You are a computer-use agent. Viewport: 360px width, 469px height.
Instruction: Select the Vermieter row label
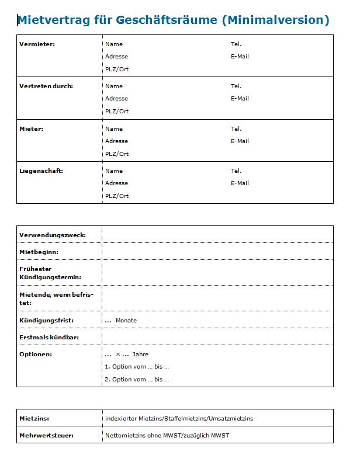pyautogui.click(x=37, y=44)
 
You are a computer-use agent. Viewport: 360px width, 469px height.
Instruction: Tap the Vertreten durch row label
pyautogui.click(x=46, y=86)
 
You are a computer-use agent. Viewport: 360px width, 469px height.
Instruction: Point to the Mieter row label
pyautogui.click(x=32, y=129)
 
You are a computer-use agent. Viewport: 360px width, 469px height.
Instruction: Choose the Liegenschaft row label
pyautogui.click(x=41, y=171)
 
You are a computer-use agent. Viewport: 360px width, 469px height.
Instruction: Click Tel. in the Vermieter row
pyautogui.click(x=236, y=44)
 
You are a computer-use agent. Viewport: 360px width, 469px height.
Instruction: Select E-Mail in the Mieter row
pyautogui.click(x=240, y=141)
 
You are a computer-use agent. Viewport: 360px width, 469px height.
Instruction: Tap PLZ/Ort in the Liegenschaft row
pyautogui.click(x=117, y=196)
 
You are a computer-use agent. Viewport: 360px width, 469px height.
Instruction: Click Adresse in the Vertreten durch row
pyautogui.click(x=116, y=99)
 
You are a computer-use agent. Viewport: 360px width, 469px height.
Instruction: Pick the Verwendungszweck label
pyautogui.click(x=53, y=235)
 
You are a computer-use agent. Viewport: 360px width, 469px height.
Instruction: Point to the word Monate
pyautogui.click(x=126, y=321)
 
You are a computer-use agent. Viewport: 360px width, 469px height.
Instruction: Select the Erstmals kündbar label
pyautogui.click(x=49, y=338)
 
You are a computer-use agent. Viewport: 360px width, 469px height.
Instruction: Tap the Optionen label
pyautogui.click(x=36, y=355)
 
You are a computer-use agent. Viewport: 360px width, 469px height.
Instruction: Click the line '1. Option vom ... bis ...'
pyautogui.click(x=137, y=367)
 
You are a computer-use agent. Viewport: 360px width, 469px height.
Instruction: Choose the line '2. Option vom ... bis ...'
pyautogui.click(x=137, y=380)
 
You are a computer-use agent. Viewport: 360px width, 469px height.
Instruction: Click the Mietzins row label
pyautogui.click(x=34, y=419)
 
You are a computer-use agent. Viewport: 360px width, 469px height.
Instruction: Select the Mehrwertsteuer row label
pyautogui.click(x=47, y=436)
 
